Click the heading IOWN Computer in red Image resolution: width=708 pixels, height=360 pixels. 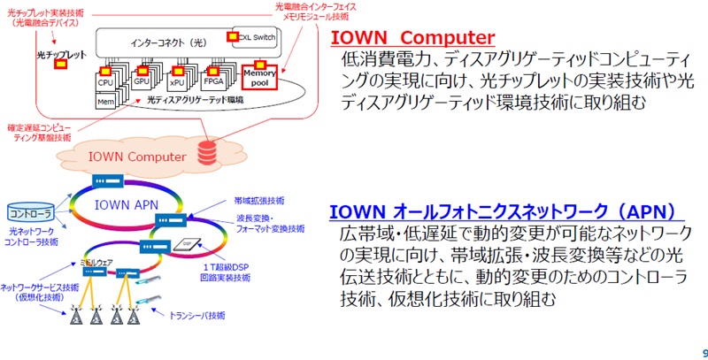click(412, 38)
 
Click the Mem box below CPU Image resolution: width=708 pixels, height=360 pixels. click(105, 102)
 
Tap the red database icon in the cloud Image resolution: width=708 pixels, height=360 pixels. click(208, 149)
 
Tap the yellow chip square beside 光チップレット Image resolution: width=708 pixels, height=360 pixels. click(61, 66)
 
